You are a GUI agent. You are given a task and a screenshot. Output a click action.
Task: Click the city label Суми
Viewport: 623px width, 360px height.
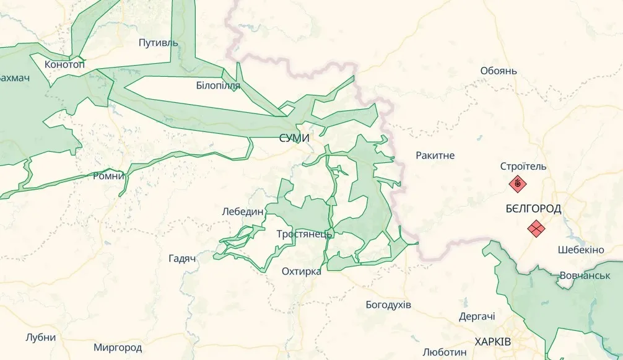coord(294,138)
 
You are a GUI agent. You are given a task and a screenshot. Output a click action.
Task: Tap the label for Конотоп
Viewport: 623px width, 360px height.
coord(64,64)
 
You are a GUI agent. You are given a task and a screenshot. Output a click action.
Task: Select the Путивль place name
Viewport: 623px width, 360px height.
coord(158,43)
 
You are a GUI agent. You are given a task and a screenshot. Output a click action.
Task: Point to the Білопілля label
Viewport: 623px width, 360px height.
coord(217,86)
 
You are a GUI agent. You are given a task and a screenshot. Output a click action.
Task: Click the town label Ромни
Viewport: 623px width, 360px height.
coord(108,176)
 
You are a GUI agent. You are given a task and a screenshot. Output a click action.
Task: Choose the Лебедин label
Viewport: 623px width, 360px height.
coord(243,211)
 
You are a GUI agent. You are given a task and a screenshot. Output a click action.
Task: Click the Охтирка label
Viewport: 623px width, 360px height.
coord(302,271)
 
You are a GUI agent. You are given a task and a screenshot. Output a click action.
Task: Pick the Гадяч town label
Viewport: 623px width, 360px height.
coord(182,258)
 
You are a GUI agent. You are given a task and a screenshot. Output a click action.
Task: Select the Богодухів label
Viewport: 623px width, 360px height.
coord(388,305)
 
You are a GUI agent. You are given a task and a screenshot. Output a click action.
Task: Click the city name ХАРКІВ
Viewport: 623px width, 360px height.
coord(493,342)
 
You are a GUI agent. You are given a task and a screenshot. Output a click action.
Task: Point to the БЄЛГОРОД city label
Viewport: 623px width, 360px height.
coord(533,209)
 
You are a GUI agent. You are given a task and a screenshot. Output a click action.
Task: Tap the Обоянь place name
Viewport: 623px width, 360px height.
coord(499,71)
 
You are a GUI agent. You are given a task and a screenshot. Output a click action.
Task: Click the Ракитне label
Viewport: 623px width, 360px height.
coord(435,155)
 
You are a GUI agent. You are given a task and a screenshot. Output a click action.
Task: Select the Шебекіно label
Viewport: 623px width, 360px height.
coord(580,250)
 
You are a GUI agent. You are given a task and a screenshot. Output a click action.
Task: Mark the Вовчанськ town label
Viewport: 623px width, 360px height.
coord(585,274)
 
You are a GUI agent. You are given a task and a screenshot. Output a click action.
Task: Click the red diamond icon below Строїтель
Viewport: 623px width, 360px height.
coord(517,184)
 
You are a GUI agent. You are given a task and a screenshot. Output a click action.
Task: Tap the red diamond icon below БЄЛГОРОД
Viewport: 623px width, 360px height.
coord(536,229)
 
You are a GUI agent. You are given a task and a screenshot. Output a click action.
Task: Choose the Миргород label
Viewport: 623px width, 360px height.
coord(118,348)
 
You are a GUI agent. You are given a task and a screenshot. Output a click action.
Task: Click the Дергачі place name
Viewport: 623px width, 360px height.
coord(477,317)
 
